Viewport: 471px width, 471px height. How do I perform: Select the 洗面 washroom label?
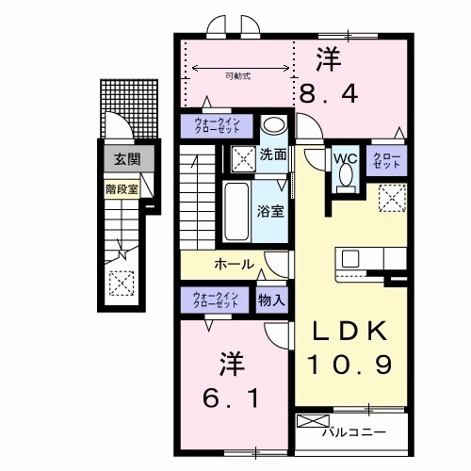274,154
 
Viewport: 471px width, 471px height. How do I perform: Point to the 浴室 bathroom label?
271,209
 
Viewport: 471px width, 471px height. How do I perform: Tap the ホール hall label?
234,264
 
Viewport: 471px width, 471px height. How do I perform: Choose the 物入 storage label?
272,300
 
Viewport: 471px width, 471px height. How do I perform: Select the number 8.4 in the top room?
329,94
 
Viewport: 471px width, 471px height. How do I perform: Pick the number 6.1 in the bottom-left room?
229,400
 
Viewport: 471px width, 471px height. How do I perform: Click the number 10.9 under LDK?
346,365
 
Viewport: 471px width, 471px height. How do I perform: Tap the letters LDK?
345,331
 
